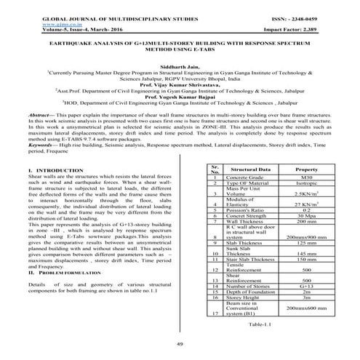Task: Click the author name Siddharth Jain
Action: click(x=180, y=65)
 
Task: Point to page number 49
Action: click(x=180, y=344)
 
